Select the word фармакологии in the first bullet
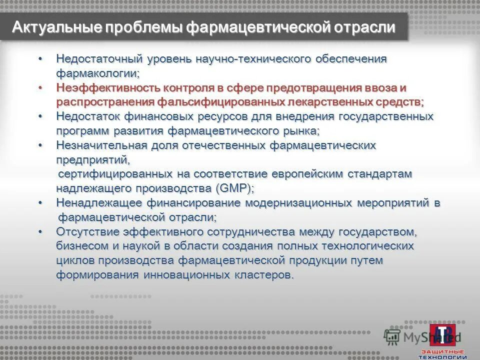(x=96, y=73)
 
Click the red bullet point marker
(x=41, y=87)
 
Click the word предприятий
(x=92, y=160)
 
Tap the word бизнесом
(x=80, y=246)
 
